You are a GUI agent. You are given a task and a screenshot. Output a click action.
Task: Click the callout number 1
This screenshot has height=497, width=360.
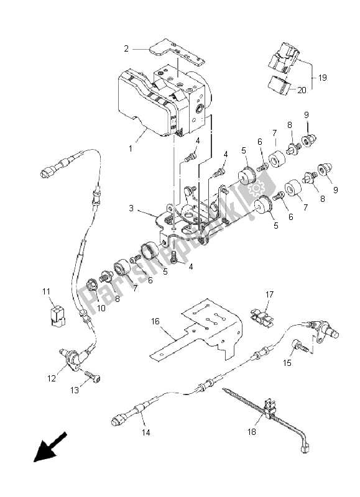tap(131, 148)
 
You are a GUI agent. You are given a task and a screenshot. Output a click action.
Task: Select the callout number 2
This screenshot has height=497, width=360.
tap(126, 49)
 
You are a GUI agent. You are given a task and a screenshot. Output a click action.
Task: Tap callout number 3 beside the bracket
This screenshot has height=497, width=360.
tap(131, 208)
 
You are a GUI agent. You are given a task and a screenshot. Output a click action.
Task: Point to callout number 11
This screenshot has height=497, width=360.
tap(46, 291)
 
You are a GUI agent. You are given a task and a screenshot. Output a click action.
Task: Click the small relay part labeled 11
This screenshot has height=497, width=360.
tap(57, 315)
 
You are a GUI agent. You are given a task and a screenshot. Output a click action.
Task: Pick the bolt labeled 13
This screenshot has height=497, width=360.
tap(93, 377)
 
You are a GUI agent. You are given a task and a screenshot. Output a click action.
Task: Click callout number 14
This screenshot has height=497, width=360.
tap(146, 432)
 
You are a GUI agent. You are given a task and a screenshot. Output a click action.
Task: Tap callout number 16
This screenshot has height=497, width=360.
tap(155, 321)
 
